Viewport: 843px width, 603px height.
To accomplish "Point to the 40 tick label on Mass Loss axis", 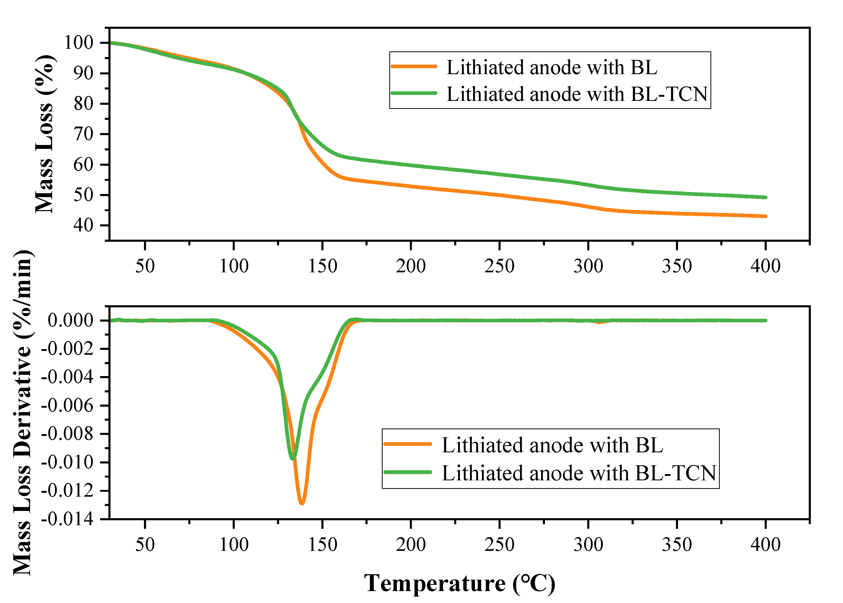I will point(83,225).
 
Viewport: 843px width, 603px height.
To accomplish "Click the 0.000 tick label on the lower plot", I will point(71,320).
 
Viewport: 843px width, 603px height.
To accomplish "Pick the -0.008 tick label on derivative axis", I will point(67,433).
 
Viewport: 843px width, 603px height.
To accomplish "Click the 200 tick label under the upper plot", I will point(410,266).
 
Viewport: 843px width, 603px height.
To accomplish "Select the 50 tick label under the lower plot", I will point(145,545).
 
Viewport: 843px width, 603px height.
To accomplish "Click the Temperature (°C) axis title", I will point(459,583).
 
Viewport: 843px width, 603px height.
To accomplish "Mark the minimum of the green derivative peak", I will point(293,459).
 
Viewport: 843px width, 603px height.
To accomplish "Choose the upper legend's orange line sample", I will point(414,66).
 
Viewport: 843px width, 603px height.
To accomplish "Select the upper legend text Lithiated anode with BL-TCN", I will point(577,94).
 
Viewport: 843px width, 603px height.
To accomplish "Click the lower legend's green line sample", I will point(407,472).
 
